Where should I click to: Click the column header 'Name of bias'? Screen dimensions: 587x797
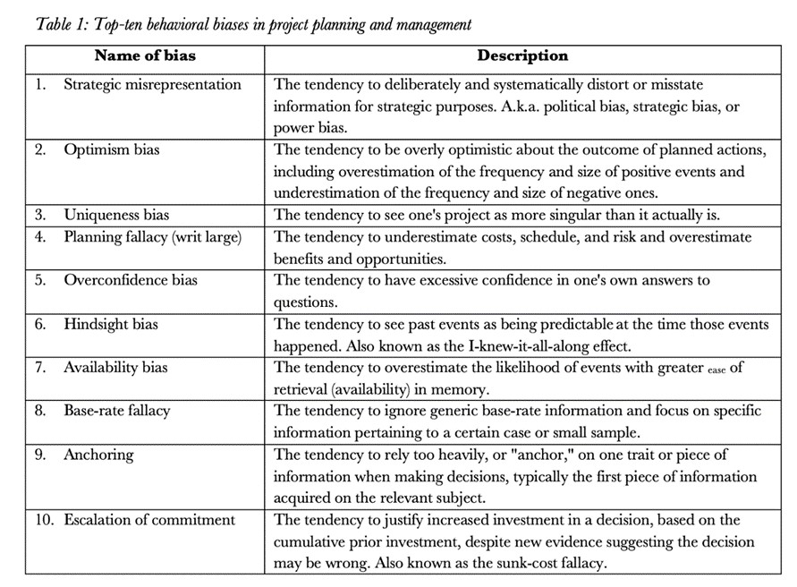[x=145, y=55]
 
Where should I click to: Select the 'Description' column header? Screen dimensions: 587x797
[x=522, y=55]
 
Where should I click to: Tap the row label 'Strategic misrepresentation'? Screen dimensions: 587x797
[x=152, y=85]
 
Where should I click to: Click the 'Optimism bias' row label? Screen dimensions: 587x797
[x=111, y=149]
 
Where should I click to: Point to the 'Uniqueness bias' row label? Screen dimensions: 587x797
[x=116, y=215]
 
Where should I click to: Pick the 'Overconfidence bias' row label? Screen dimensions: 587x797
[x=131, y=280]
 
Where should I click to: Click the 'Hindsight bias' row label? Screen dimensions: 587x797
[x=112, y=324]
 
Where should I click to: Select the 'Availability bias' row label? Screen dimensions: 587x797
[x=115, y=367]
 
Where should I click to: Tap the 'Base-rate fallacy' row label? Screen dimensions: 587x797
[x=116, y=411]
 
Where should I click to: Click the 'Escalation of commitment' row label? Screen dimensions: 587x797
[x=149, y=520]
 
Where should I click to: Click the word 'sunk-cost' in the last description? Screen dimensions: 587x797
[x=524, y=563]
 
